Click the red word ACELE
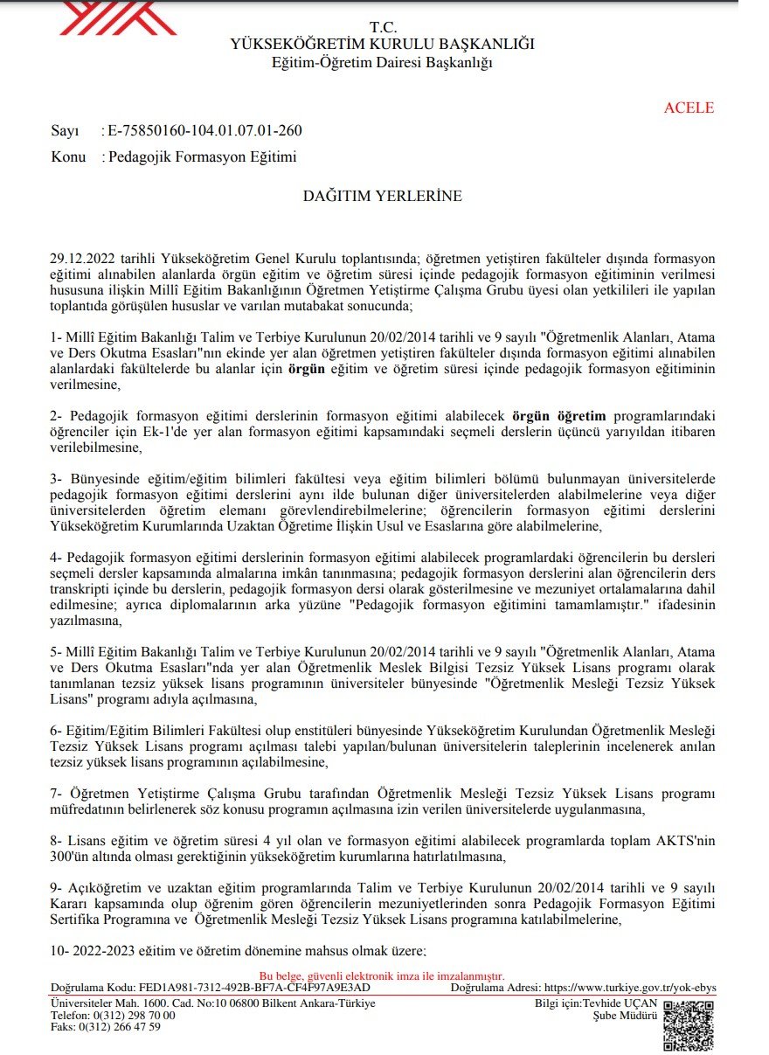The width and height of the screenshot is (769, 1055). (x=689, y=108)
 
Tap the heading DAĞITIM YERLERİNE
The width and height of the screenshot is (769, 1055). (x=383, y=197)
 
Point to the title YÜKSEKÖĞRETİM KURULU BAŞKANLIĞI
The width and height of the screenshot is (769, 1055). (x=382, y=44)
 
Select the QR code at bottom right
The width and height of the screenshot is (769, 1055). (x=689, y=1025)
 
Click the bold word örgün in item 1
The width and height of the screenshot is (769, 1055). (x=306, y=369)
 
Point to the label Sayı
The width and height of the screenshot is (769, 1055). (x=66, y=131)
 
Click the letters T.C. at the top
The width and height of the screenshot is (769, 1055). (x=383, y=27)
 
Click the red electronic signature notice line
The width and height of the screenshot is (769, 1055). (x=382, y=976)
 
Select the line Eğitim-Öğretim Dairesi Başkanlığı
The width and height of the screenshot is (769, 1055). (x=383, y=62)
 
